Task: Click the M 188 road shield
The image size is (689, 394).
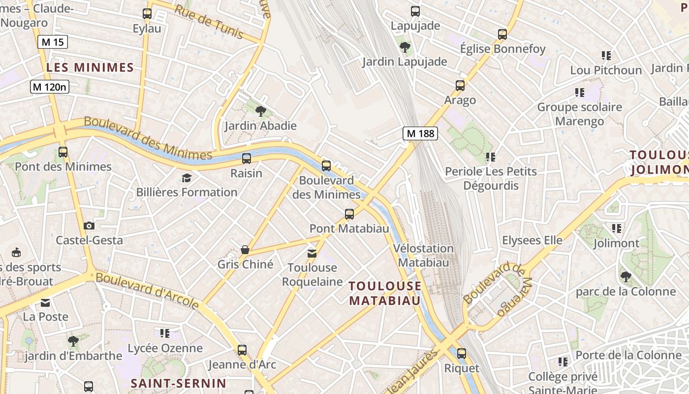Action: [420, 133]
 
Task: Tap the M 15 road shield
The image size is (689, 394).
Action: [53, 42]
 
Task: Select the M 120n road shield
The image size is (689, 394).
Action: [49, 87]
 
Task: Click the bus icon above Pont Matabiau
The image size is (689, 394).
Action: [349, 214]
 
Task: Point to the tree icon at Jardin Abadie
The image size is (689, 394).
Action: [261, 111]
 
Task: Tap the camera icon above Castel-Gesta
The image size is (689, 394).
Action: [89, 226]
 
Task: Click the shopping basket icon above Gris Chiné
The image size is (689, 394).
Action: [245, 250]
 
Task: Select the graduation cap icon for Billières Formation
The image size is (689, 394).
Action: [187, 178]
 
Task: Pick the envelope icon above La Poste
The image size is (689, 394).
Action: [45, 302]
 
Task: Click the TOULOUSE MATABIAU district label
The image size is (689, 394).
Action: [385, 293]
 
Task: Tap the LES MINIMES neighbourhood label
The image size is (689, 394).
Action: [90, 67]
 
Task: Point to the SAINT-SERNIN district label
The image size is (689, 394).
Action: [178, 383]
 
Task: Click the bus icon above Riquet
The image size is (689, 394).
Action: [461, 353]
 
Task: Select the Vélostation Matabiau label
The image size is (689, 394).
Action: [424, 255]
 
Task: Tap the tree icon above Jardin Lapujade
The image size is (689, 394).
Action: [405, 47]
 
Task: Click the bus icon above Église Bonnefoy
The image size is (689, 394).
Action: [502, 34]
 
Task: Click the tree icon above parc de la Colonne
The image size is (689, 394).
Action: [626, 277]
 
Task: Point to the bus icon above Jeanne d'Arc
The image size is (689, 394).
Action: [242, 350]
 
